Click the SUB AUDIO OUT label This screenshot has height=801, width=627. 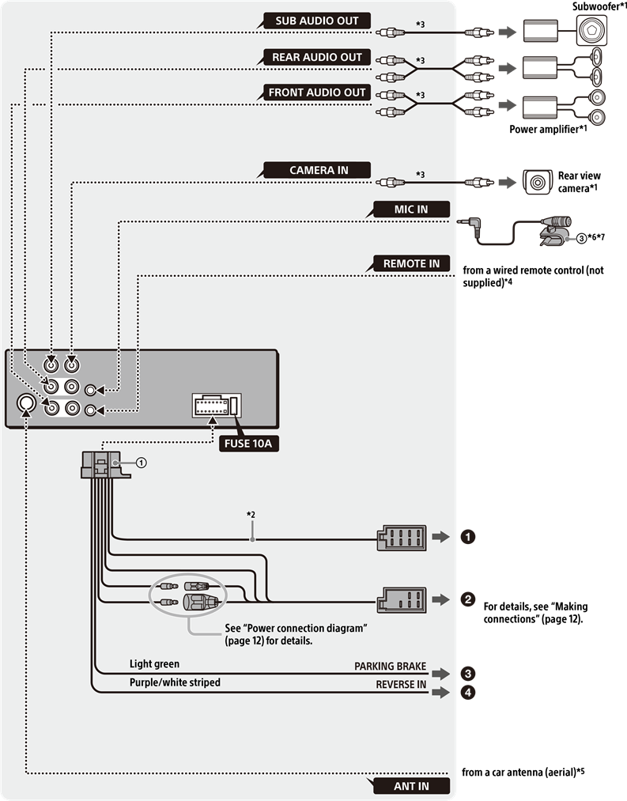316,21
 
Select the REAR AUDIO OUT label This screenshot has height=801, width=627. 316,57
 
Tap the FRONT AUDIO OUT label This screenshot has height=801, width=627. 316,93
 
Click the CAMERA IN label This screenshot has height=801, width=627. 318,170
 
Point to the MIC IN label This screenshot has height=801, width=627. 410,210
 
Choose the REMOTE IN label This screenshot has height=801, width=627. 410,263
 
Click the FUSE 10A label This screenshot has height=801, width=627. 250,443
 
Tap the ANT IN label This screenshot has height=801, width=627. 410,786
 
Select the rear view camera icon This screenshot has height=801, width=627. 538,183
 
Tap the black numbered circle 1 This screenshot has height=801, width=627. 467,537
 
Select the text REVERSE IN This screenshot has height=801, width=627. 401,684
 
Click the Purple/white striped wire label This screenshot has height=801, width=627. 175,682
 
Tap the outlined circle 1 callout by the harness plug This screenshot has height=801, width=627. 141,463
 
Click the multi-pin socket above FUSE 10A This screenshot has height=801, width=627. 216,406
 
